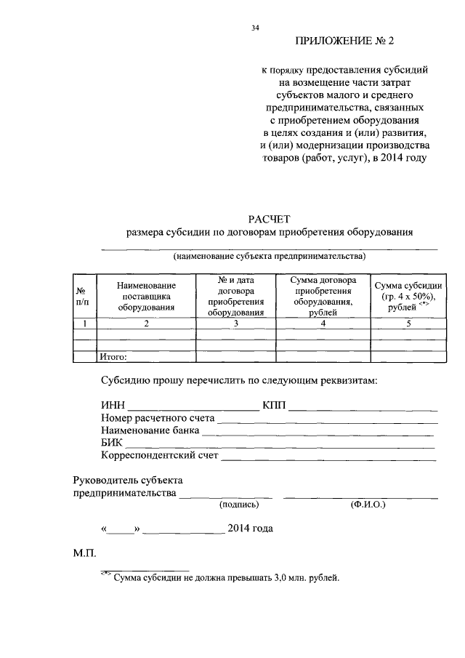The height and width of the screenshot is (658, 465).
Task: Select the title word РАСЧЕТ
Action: click(x=269, y=217)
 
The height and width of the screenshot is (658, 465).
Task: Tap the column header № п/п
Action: click(x=84, y=296)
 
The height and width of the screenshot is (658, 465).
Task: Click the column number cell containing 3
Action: click(x=235, y=324)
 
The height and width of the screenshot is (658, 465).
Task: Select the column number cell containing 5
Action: click(x=408, y=324)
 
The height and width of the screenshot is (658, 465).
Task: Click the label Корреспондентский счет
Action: click(x=159, y=456)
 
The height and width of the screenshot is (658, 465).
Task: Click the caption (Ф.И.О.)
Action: click(x=368, y=504)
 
